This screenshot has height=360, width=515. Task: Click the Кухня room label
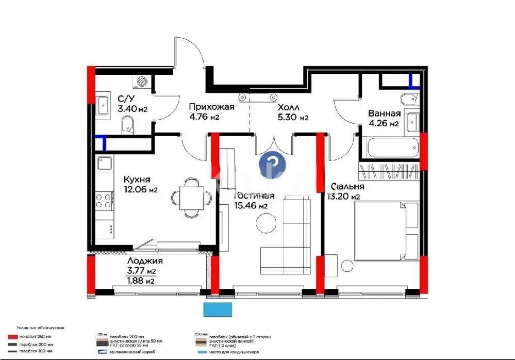click(137, 179)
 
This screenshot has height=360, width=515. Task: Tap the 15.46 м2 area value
click(251, 206)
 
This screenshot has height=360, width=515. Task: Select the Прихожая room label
click(211, 107)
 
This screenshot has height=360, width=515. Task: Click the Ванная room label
click(384, 113)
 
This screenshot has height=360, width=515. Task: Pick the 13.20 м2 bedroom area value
click(343, 197)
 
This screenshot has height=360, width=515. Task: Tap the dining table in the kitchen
click(191, 197)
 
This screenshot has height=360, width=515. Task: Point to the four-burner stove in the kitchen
click(105, 200)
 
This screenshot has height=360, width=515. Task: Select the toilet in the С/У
click(127, 123)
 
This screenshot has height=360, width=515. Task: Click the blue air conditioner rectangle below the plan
click(218, 309)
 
